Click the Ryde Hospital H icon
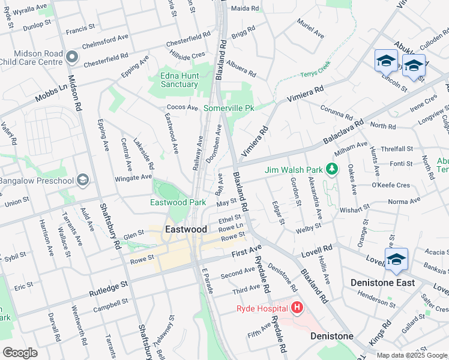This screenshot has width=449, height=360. point(297,308)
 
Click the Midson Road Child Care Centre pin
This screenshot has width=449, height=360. point(73,58)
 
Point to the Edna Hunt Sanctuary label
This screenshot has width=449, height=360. point(179,80)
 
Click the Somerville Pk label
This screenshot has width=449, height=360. point(230,108)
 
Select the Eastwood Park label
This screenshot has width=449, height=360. point(178,203)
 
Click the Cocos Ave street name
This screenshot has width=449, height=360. point(182,107)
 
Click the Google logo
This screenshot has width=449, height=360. point(20,352)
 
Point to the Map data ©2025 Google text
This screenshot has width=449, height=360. point(411,355)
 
